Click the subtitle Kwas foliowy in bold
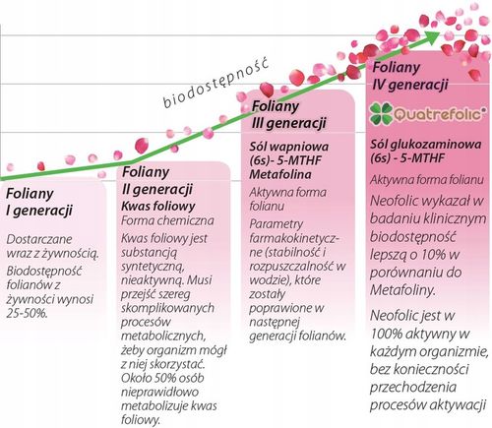coord(155,209)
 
